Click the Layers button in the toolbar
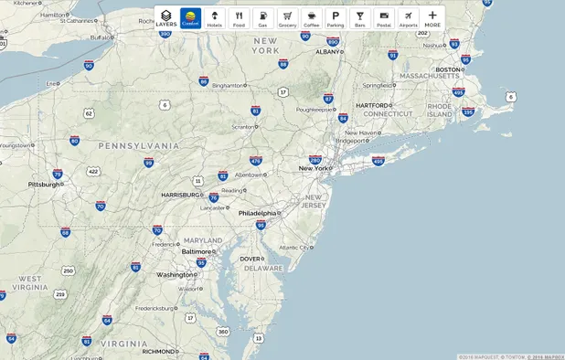(165, 18)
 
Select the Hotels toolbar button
(214, 18)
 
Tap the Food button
(239, 18)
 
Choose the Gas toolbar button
(262, 18)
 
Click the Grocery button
(287, 18)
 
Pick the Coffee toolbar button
(312, 18)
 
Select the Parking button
(336, 18)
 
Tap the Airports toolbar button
(408, 18)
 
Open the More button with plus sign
(432, 18)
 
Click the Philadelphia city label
(257, 213)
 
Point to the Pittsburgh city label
(44, 184)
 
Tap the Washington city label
(175, 274)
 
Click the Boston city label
(447, 69)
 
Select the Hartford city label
(374, 105)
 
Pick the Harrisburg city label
(180, 195)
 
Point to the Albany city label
(327, 52)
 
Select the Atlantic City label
(293, 247)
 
